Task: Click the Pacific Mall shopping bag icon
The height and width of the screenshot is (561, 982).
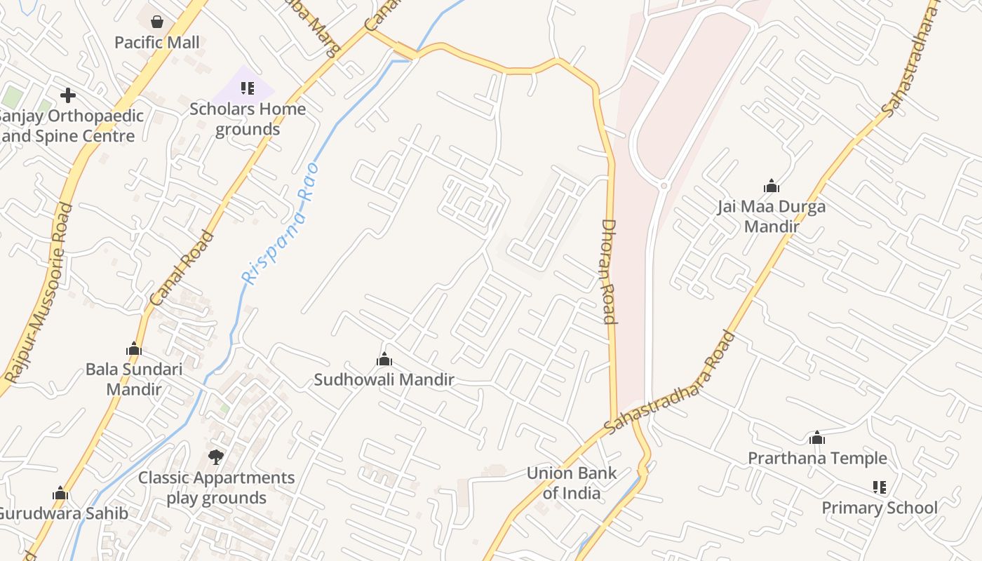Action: pyautogui.click(x=157, y=22)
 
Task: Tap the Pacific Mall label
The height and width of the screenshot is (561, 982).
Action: pyautogui.click(x=157, y=43)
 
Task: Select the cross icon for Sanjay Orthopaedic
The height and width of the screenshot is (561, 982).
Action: pyautogui.click(x=68, y=95)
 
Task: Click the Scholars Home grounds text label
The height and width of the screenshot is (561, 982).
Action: pyautogui.click(x=248, y=119)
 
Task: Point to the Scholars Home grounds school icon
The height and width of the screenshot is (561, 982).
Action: pyautogui.click(x=247, y=88)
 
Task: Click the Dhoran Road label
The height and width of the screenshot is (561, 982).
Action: pyautogui.click(x=608, y=271)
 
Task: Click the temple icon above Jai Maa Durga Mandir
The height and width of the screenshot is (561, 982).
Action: pyautogui.click(x=772, y=186)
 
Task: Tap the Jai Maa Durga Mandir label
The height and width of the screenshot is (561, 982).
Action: pyautogui.click(x=772, y=217)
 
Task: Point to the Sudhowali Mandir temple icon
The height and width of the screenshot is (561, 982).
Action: pyautogui.click(x=384, y=360)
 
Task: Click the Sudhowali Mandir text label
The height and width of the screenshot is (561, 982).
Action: pyautogui.click(x=384, y=380)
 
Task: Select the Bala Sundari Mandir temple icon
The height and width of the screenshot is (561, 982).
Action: pyautogui.click(x=134, y=349)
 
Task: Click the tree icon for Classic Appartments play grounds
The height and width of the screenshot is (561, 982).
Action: pyautogui.click(x=216, y=457)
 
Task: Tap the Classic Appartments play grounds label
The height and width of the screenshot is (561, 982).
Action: pyautogui.click(x=216, y=488)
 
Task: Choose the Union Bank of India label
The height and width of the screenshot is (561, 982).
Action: pyautogui.click(x=572, y=483)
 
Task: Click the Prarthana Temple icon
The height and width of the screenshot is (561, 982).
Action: pyautogui.click(x=816, y=438)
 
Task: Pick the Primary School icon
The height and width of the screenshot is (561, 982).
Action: pyautogui.click(x=880, y=487)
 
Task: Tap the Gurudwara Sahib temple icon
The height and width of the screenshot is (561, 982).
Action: pyautogui.click(x=60, y=494)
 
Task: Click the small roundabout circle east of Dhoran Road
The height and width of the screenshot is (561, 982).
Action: pyautogui.click(x=664, y=186)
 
